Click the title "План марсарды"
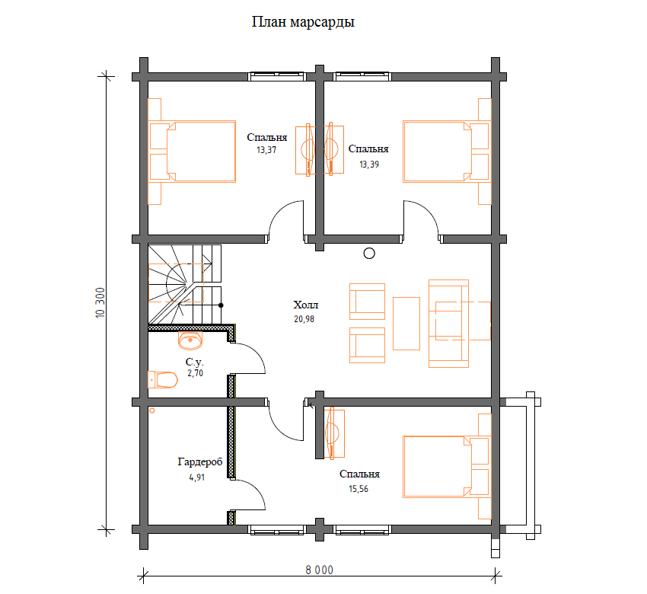[303, 22]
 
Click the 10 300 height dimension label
[100, 302]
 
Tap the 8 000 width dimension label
[319, 570]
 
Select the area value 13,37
[266, 150]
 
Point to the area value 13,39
[369, 164]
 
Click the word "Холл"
[306, 305]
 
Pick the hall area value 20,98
[304, 319]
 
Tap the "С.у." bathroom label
[194, 362]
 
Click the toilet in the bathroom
[163, 380]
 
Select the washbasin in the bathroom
[190, 340]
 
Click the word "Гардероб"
[200, 462]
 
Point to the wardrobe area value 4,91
[197, 477]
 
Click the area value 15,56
[359, 489]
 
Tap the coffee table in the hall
[406, 324]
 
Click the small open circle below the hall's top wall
[369, 254]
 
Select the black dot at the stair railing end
[221, 305]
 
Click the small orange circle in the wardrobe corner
[152, 410]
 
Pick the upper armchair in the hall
[367, 302]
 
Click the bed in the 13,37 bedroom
[193, 152]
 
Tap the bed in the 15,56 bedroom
[447, 467]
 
